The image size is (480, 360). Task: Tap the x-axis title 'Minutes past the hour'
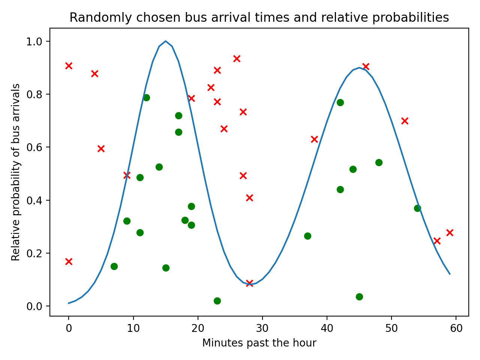click(259, 343)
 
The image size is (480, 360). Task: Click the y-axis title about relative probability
click(16, 172)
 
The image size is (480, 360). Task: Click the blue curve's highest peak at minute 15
click(165, 41)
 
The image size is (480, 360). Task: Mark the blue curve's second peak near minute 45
click(359, 68)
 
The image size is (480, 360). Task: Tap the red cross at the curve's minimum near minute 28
click(249, 283)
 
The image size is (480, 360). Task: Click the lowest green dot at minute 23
click(217, 301)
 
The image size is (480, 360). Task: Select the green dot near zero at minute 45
click(359, 297)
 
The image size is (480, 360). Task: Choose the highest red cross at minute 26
click(237, 58)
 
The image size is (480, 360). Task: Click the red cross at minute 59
click(450, 232)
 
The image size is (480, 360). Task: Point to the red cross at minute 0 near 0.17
click(69, 261)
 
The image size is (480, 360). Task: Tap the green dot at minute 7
click(114, 266)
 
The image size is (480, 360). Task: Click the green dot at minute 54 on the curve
click(417, 208)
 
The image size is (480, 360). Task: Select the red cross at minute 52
click(405, 121)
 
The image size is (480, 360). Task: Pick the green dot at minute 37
click(307, 236)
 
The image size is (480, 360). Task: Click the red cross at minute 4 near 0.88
click(94, 73)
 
